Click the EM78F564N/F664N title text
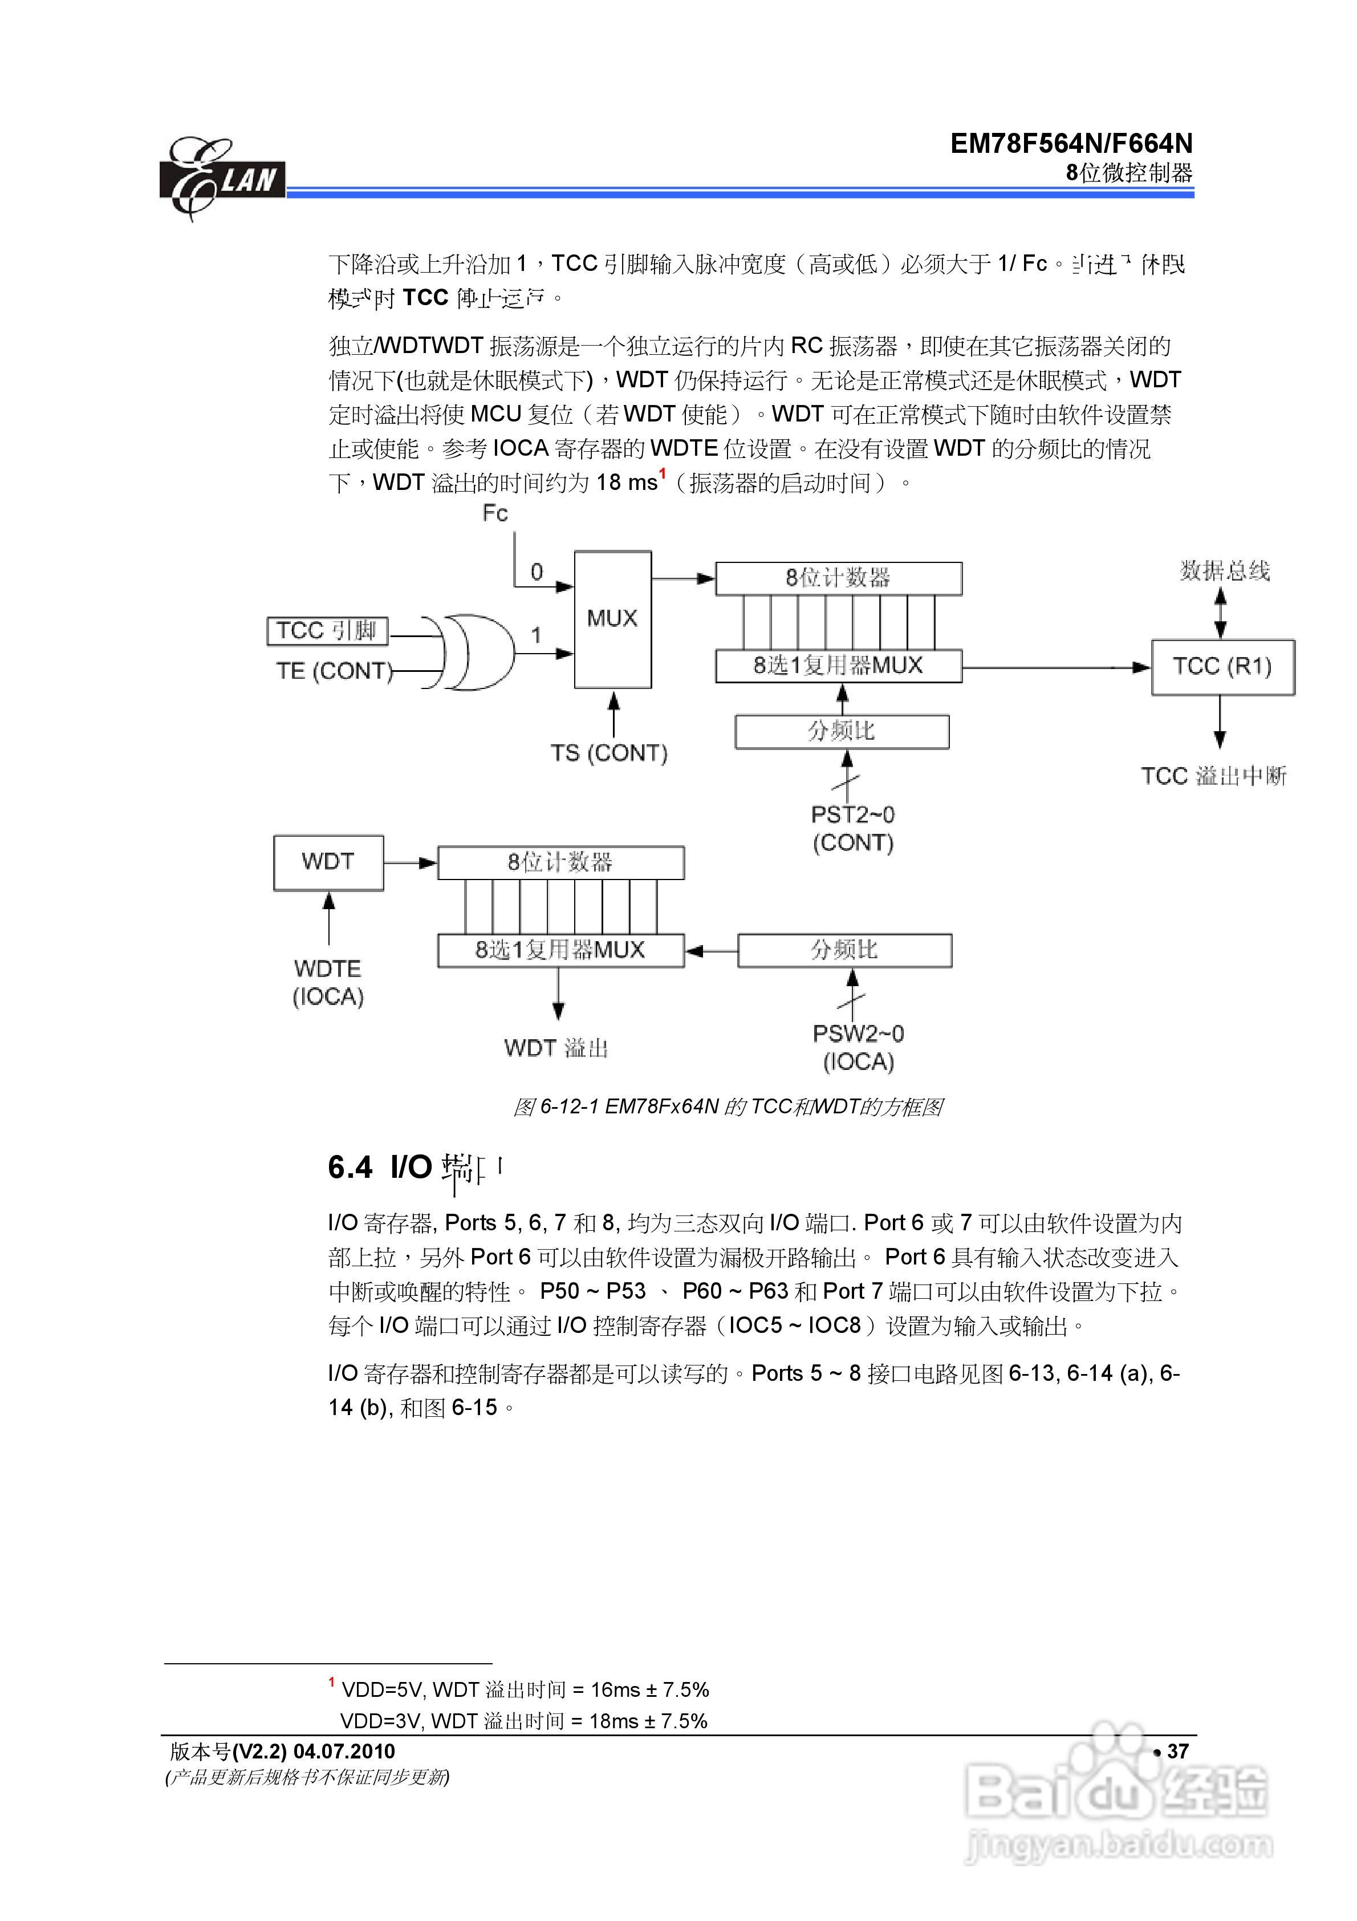[x=1071, y=144]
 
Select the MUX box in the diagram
[x=612, y=619]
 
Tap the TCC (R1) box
[x=1222, y=667]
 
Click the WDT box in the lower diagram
[x=328, y=862]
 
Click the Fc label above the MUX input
[x=495, y=513]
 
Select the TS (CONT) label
[x=608, y=753]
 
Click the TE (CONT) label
[x=334, y=671]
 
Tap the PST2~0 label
[x=852, y=814]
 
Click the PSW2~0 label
[x=858, y=1034]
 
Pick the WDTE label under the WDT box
[x=328, y=969]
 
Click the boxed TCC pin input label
[x=327, y=630]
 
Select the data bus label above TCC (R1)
[x=1225, y=570]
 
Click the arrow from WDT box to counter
[x=411, y=862]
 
